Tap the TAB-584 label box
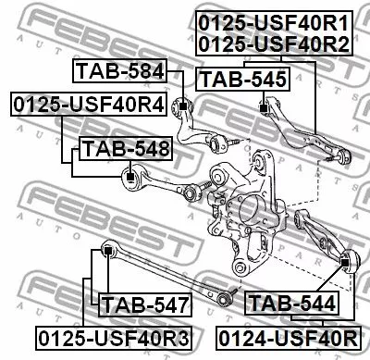[x=120, y=71]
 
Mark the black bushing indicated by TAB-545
[x=265, y=108]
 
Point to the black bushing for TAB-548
[x=130, y=172]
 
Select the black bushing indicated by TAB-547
[x=108, y=248]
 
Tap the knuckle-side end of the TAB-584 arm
[x=220, y=142]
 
